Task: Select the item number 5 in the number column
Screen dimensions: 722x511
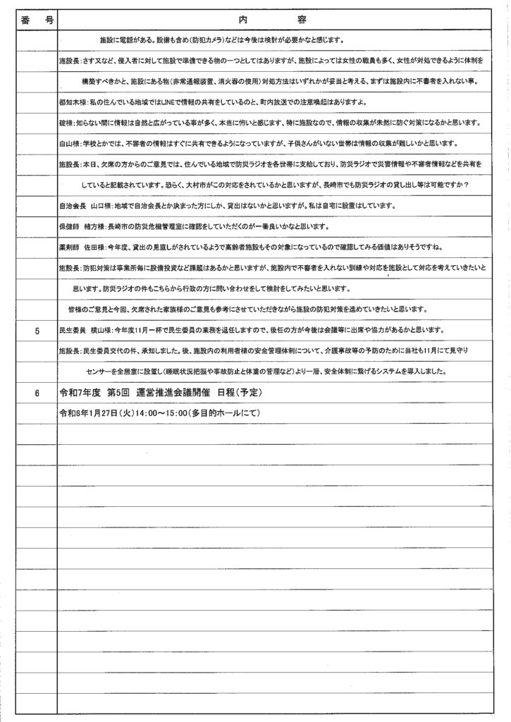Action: (x=37, y=330)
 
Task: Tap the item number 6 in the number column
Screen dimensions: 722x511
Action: (x=37, y=392)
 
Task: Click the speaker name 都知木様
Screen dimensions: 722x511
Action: (x=72, y=103)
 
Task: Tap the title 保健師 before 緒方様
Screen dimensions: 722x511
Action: (x=71, y=227)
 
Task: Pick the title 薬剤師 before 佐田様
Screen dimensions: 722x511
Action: (x=71, y=247)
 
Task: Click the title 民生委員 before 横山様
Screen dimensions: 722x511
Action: (x=74, y=330)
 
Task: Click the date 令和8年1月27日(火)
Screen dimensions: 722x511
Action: (x=96, y=412)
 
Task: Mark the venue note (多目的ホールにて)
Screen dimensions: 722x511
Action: (x=221, y=412)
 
